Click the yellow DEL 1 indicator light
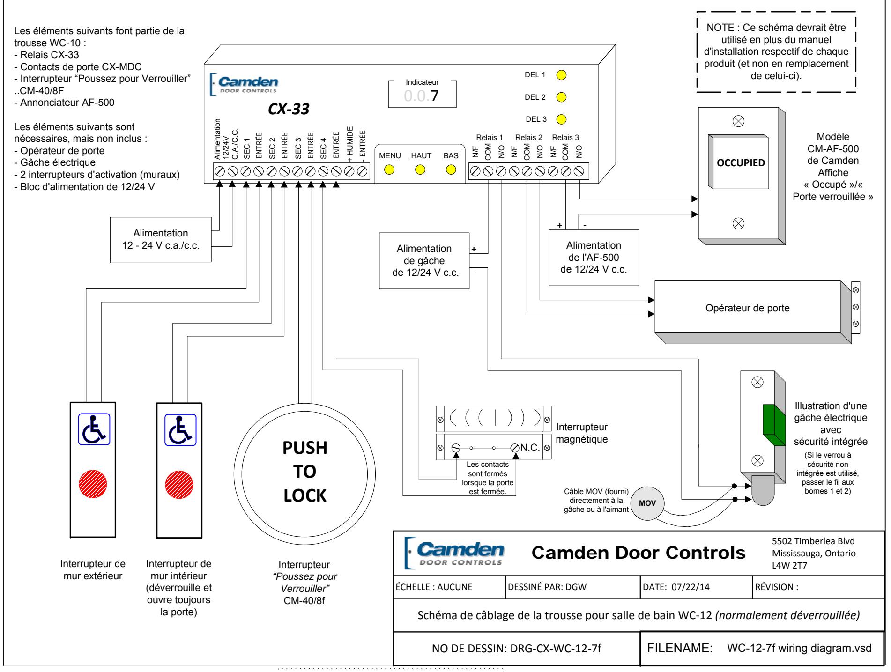point(561,75)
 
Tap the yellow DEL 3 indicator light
point(561,119)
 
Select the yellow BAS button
point(451,170)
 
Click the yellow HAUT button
point(421,170)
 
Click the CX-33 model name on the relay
point(285,109)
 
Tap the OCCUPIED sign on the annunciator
point(741,164)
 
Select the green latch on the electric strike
point(775,424)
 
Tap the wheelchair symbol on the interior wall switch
point(180,430)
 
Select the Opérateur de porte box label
point(748,308)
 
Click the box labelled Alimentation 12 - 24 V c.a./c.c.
point(161,239)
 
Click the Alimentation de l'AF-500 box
point(594,258)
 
